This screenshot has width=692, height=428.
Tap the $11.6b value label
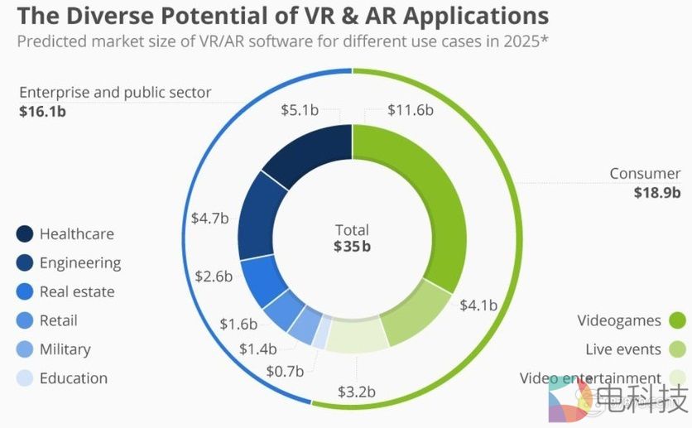[x=411, y=110]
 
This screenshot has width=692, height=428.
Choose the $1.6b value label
[x=238, y=324]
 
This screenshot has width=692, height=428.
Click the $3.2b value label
[x=357, y=390]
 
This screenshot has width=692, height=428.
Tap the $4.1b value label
[x=478, y=305]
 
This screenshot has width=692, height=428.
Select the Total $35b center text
[x=352, y=238]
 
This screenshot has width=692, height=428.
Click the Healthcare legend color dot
[x=25, y=234]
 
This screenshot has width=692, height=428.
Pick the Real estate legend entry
[x=77, y=291]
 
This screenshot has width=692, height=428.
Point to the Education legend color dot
[x=25, y=378]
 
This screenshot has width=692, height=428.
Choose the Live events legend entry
[x=622, y=349]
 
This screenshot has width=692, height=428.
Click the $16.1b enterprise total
[x=42, y=110]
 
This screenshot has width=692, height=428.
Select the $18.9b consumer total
[x=657, y=193]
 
